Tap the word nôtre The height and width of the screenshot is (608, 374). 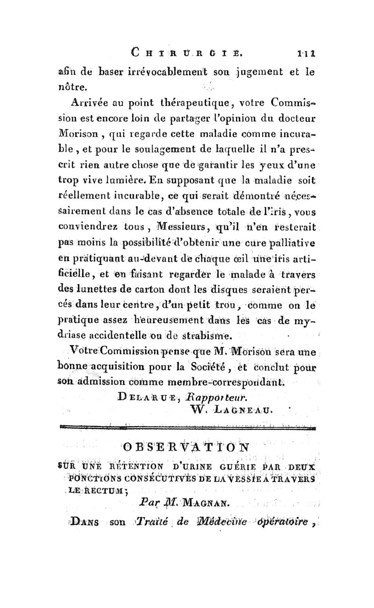click(x=85, y=87)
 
